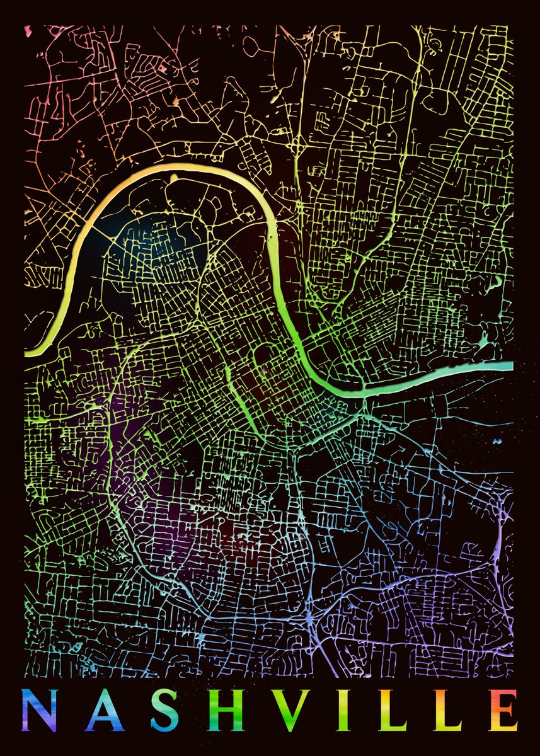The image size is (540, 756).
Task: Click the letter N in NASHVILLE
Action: pos(38,709)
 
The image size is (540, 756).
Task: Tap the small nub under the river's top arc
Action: pos(173,179)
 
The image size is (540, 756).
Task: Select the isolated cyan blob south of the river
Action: pos(497,440)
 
